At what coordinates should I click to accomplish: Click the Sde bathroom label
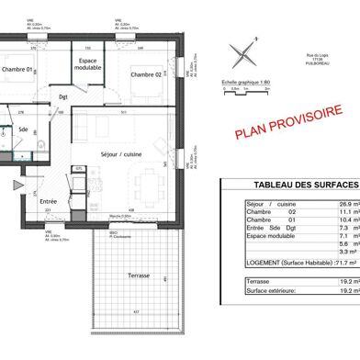pos(21,129)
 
